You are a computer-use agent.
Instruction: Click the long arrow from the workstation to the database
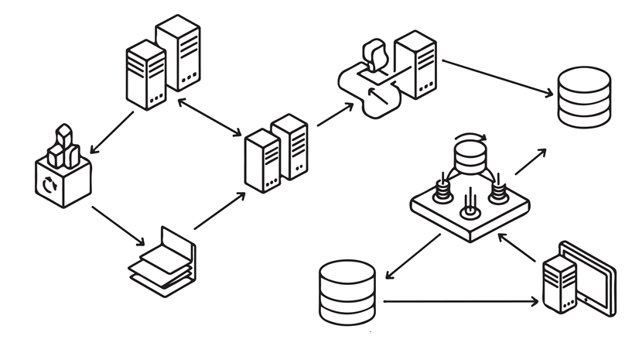click(498, 78)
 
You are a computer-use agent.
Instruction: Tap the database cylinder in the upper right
click(584, 96)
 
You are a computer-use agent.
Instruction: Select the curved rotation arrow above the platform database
click(470, 139)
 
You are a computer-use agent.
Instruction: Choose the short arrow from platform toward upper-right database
click(531, 160)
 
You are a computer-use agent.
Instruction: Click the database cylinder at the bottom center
click(347, 292)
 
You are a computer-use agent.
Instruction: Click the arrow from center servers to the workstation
click(334, 114)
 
